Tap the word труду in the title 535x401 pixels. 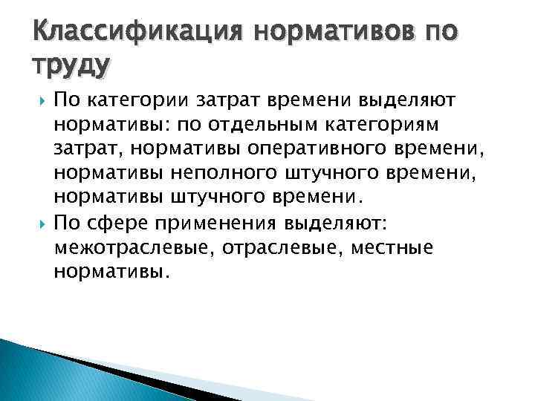(71, 66)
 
